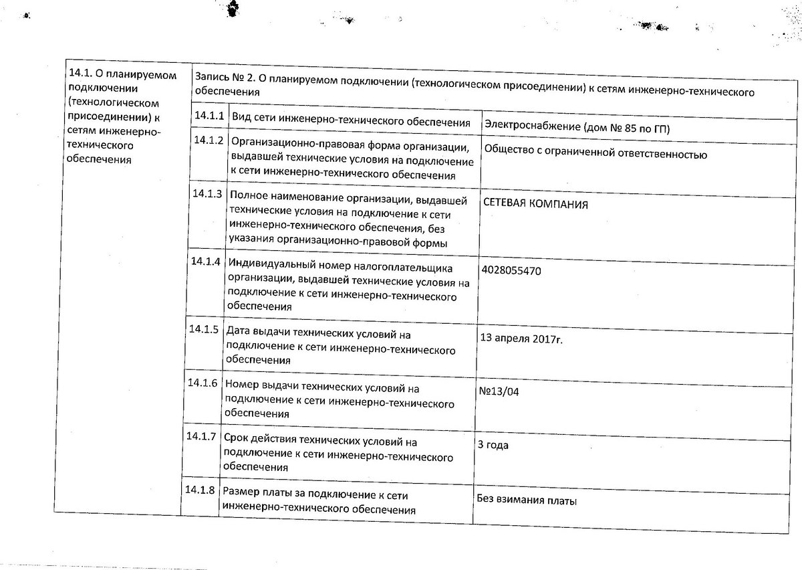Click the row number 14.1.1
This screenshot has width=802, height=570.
tap(209, 115)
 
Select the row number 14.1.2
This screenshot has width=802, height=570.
tap(208, 140)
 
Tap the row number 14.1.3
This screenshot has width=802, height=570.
tap(207, 194)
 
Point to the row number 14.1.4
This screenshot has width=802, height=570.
tap(205, 261)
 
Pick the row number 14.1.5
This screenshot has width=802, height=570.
tap(204, 328)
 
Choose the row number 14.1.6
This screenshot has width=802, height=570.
tap(203, 383)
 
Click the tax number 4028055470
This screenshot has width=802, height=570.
tap(511, 271)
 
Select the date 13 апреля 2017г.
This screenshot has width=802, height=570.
tap(521, 339)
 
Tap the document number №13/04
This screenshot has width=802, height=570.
tap(499, 391)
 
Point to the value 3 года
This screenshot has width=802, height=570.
tap(493, 445)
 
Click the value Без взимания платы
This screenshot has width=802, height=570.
tap(527, 500)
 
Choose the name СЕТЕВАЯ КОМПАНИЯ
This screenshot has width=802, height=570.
tap(536, 204)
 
